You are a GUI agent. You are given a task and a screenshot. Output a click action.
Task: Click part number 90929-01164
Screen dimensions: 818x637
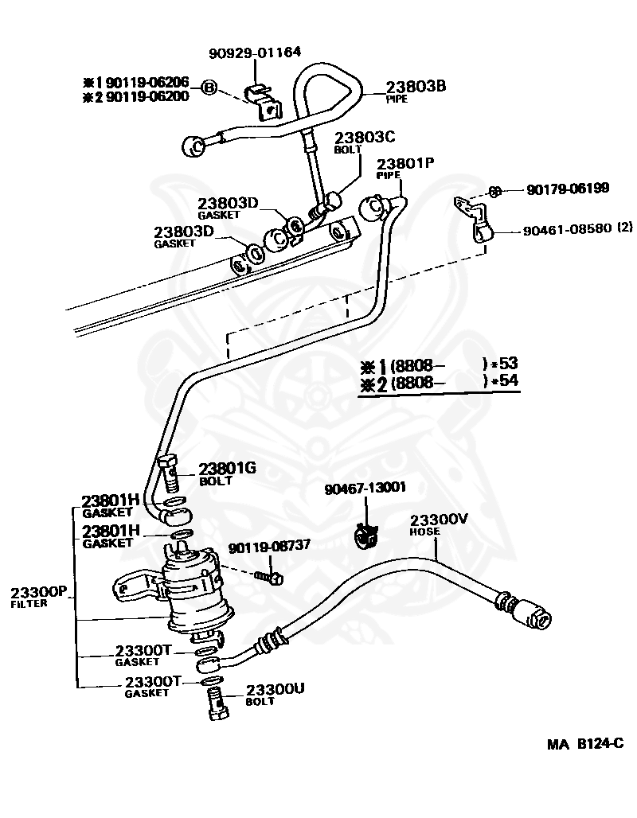coord(255,53)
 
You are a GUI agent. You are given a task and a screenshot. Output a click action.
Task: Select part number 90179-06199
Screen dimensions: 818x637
coord(567,189)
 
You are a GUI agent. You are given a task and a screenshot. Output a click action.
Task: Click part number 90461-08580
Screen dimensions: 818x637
coord(567,228)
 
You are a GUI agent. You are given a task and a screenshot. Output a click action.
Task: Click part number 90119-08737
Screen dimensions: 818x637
coord(271,547)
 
